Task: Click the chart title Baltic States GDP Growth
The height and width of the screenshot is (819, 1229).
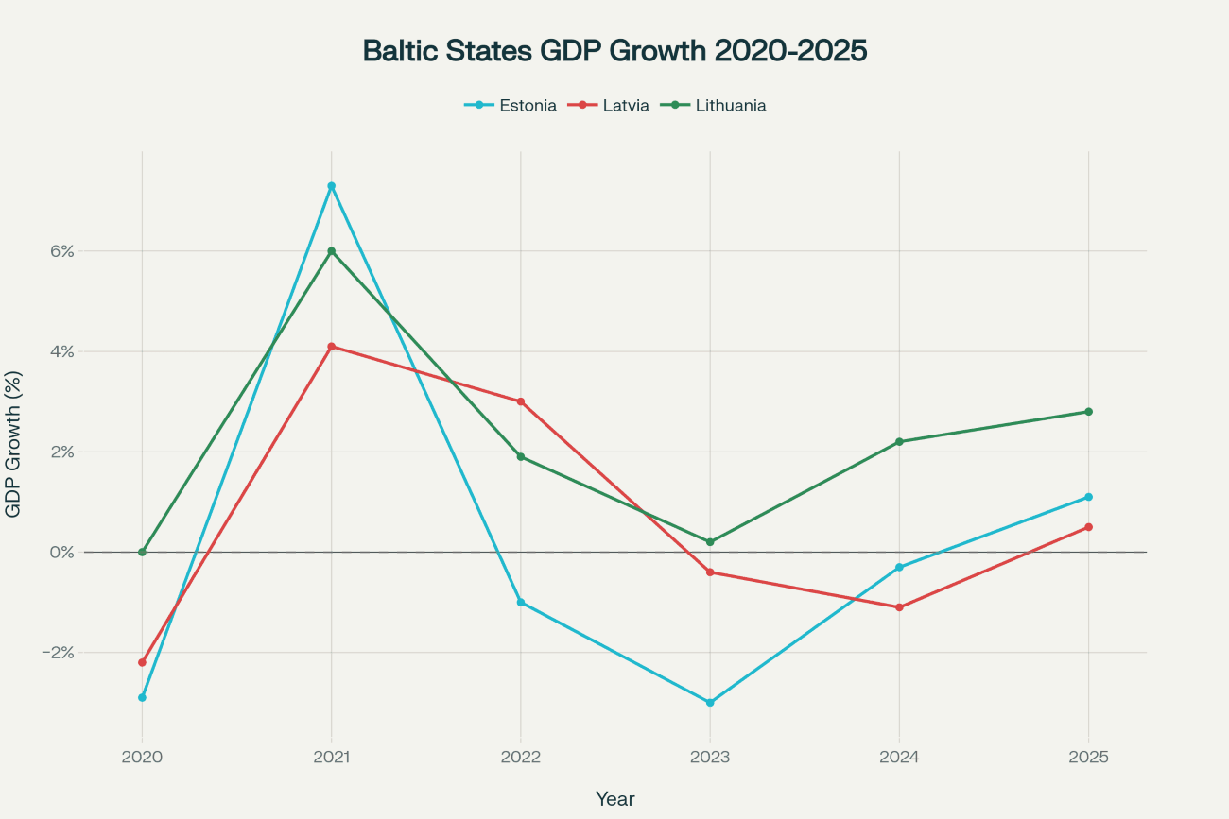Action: [614, 51]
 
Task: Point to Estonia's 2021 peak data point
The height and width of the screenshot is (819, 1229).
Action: [331, 186]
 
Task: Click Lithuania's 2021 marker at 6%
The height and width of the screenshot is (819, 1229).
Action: [331, 251]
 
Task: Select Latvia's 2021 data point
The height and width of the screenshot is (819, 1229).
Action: [331, 347]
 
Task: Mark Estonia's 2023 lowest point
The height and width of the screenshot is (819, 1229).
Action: [710, 703]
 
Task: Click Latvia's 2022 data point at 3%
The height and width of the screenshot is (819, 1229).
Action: [521, 401]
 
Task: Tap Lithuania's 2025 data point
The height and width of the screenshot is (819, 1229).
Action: [1088, 412]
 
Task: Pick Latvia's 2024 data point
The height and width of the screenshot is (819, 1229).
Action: [899, 607]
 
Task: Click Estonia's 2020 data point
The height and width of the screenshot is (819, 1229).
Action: [142, 697]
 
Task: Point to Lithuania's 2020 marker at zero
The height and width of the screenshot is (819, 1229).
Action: [142, 552]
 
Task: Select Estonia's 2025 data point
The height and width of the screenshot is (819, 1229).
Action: [1088, 497]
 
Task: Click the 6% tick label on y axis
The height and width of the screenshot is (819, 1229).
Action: [62, 251]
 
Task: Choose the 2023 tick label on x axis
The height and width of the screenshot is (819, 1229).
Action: [710, 758]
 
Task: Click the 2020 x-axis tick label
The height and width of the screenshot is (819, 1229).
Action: [142, 758]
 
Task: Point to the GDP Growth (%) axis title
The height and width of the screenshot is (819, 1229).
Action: [13, 443]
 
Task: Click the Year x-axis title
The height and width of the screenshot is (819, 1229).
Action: [614, 799]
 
